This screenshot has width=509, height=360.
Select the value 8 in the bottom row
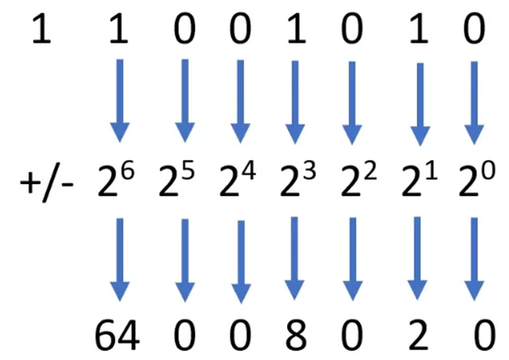pyautogui.click(x=296, y=338)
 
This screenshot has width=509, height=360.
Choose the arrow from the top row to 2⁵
pyautogui.click(x=185, y=100)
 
